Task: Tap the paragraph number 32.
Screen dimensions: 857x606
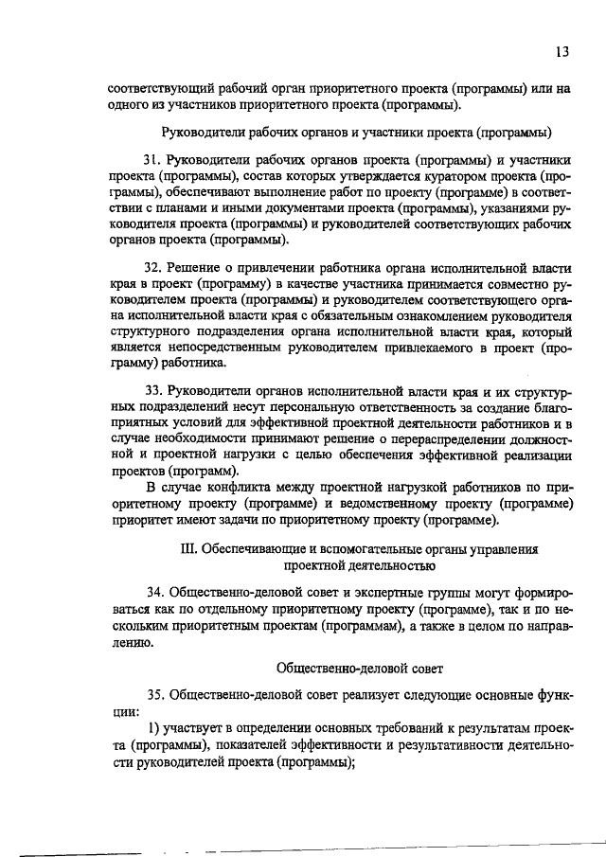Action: click(x=153, y=268)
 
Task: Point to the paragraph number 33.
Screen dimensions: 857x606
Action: click(x=153, y=391)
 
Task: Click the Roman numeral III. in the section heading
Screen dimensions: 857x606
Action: click(x=187, y=549)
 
